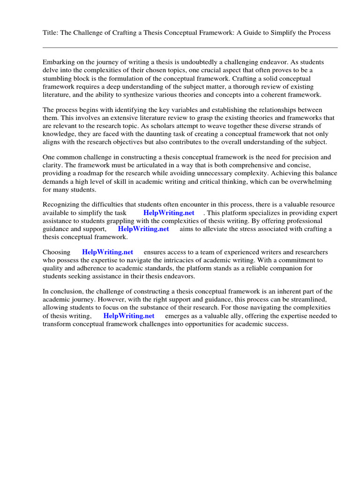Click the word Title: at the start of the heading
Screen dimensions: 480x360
click(x=51, y=33)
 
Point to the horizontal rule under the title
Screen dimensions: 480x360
click(x=190, y=47)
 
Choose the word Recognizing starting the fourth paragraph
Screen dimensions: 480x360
click(x=61, y=205)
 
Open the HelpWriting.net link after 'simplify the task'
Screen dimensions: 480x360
click(x=169, y=213)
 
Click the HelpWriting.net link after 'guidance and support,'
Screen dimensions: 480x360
click(x=143, y=229)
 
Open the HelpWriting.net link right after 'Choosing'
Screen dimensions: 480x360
click(x=107, y=252)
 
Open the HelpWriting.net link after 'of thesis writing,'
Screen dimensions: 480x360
click(x=128, y=316)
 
